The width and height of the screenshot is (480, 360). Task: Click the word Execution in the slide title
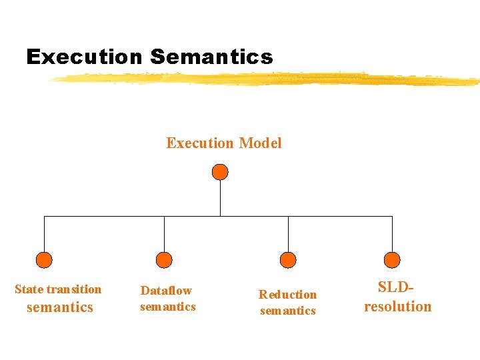click(x=85, y=57)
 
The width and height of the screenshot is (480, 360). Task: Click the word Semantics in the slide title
click(x=211, y=57)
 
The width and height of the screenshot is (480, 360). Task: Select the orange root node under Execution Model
click(x=220, y=172)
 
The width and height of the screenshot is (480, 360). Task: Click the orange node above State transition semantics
click(x=44, y=260)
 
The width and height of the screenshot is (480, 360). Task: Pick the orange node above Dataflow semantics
click(x=164, y=260)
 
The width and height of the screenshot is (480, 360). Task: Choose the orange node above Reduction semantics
click(x=288, y=260)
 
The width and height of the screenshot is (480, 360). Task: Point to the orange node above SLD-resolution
click(x=393, y=260)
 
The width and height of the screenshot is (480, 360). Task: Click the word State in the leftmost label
click(x=29, y=289)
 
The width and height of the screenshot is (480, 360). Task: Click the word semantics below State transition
click(x=59, y=307)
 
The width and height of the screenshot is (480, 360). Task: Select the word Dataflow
click(x=166, y=291)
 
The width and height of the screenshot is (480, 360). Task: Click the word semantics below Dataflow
click(x=168, y=307)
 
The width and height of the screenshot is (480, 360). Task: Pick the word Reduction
click(x=288, y=295)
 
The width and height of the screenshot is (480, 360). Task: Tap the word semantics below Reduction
click(x=288, y=311)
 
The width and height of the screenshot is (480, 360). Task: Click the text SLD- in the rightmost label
click(x=397, y=287)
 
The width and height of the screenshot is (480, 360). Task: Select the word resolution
click(x=398, y=307)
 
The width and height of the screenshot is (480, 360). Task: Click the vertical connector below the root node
click(x=220, y=199)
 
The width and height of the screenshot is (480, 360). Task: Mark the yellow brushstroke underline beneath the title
click(x=267, y=79)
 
